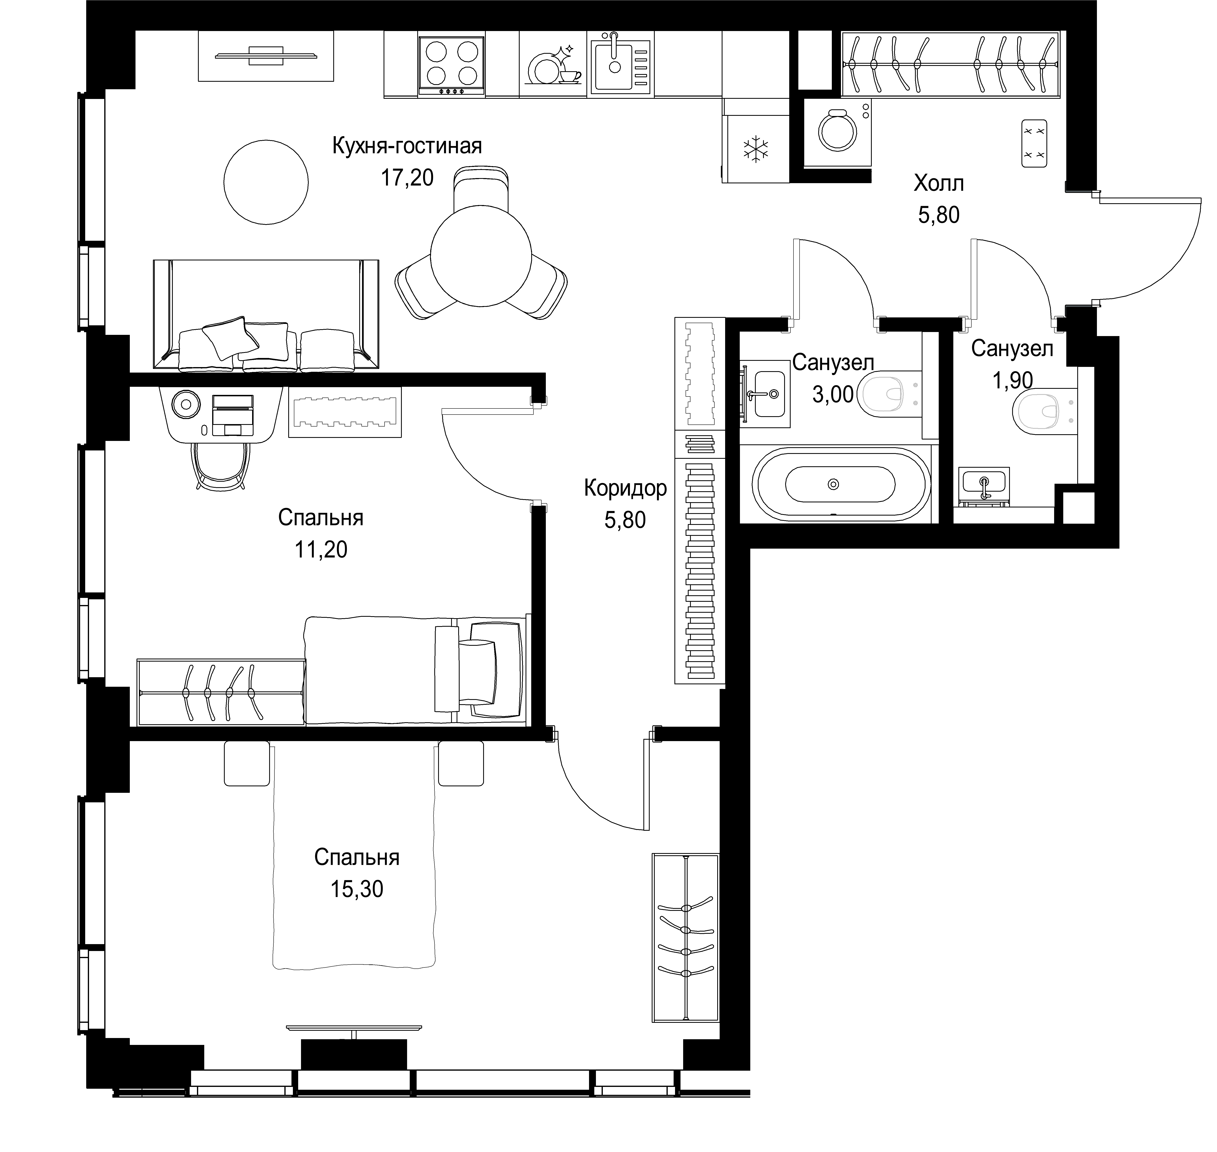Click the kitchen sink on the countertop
coord(620,64)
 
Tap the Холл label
coord(939,183)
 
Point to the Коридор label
coord(625,488)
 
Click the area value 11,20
coord(320,549)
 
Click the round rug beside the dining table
coord(266,182)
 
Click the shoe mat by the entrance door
coord(1034,144)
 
